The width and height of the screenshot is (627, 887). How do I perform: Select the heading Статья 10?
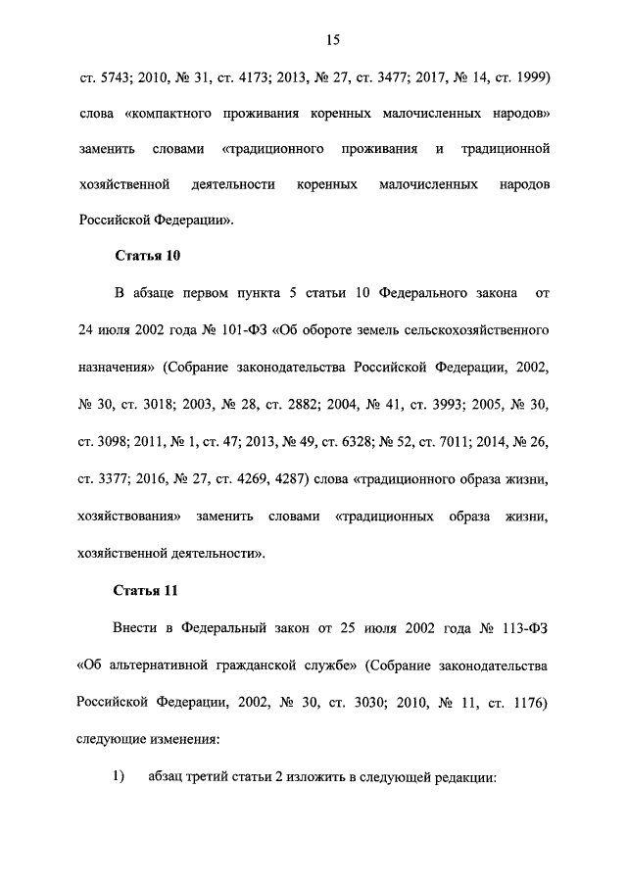click(x=147, y=257)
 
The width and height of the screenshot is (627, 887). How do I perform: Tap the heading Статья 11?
click(x=146, y=591)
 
